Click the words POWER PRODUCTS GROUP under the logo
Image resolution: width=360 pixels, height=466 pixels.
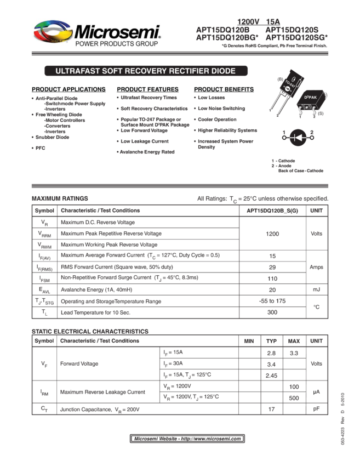pos(117,44)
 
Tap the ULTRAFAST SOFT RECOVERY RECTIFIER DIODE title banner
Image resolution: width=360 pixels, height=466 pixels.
pos(146,71)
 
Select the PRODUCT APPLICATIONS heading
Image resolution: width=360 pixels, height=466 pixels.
pos(68,89)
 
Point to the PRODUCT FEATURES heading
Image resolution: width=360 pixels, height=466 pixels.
pos(147,89)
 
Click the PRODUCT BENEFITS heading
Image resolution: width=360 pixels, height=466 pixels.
pos(224,89)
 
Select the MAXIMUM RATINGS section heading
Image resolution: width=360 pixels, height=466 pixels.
pos(60,198)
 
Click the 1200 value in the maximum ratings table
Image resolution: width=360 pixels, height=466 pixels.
pos(272,234)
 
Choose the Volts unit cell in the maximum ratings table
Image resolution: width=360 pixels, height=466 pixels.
pos(316,234)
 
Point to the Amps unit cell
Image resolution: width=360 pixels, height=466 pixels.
pos(316,267)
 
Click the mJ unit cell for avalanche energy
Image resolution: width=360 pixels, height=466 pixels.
pos(316,289)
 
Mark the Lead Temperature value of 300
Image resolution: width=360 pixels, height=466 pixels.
pos(272,312)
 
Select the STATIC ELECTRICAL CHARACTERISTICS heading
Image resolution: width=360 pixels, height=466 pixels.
pos(90,332)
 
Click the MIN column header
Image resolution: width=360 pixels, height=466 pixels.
pos(249,341)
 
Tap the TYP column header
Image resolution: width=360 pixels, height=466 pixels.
pos(271,341)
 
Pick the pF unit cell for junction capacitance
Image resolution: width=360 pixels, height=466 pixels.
pos(316,409)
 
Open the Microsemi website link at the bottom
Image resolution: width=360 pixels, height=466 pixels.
pos(187,439)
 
